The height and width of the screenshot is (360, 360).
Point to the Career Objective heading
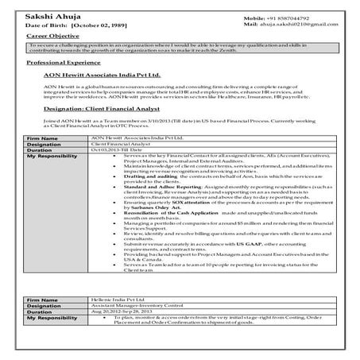point(52,37)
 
